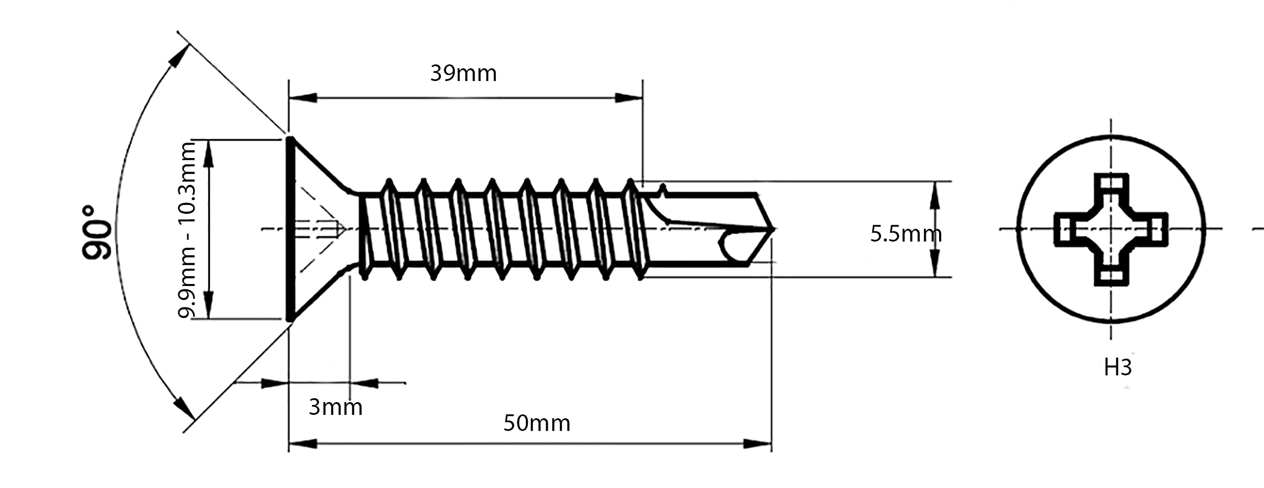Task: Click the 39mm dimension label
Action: (x=463, y=74)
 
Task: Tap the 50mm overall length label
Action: (x=537, y=423)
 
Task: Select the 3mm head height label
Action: (x=335, y=407)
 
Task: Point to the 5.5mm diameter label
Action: (x=906, y=234)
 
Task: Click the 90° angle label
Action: (x=97, y=232)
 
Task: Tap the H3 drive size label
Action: (x=1118, y=367)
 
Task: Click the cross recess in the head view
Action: (x=1111, y=229)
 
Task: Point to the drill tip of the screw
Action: (x=773, y=229)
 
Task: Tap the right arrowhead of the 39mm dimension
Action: (x=629, y=98)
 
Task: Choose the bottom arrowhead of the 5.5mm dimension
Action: (x=934, y=264)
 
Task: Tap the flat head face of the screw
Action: (x=290, y=229)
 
